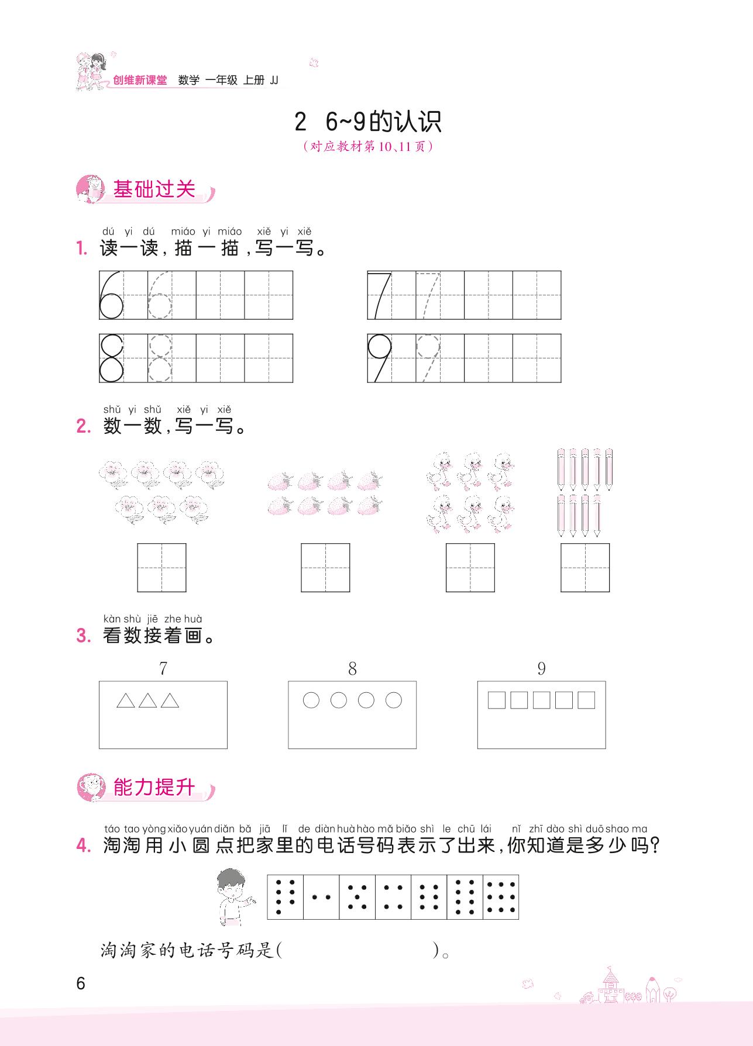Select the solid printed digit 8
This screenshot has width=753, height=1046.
pyautogui.click(x=111, y=358)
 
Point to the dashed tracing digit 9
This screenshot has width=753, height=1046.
pyautogui.click(x=428, y=358)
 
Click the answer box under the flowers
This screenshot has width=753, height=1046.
pyautogui.click(x=161, y=567)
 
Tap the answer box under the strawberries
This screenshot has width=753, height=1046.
pyautogui.click(x=325, y=567)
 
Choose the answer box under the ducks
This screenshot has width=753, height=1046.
pyautogui.click(x=470, y=567)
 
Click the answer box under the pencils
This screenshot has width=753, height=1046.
pyautogui.click(x=585, y=567)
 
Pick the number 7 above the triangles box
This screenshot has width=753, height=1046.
pyautogui.click(x=163, y=668)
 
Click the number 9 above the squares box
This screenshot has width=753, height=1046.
pyautogui.click(x=541, y=668)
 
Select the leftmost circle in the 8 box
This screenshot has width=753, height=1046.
pyautogui.click(x=311, y=700)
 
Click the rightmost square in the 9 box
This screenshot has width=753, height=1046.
pyautogui.click(x=586, y=700)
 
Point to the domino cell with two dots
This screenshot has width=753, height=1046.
pyautogui.click(x=321, y=897)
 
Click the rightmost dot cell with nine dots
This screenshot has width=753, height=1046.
pyautogui.click(x=501, y=897)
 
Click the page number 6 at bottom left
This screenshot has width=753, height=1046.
pyautogui.click(x=81, y=983)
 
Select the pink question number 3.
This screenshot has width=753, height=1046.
pyautogui.click(x=84, y=636)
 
